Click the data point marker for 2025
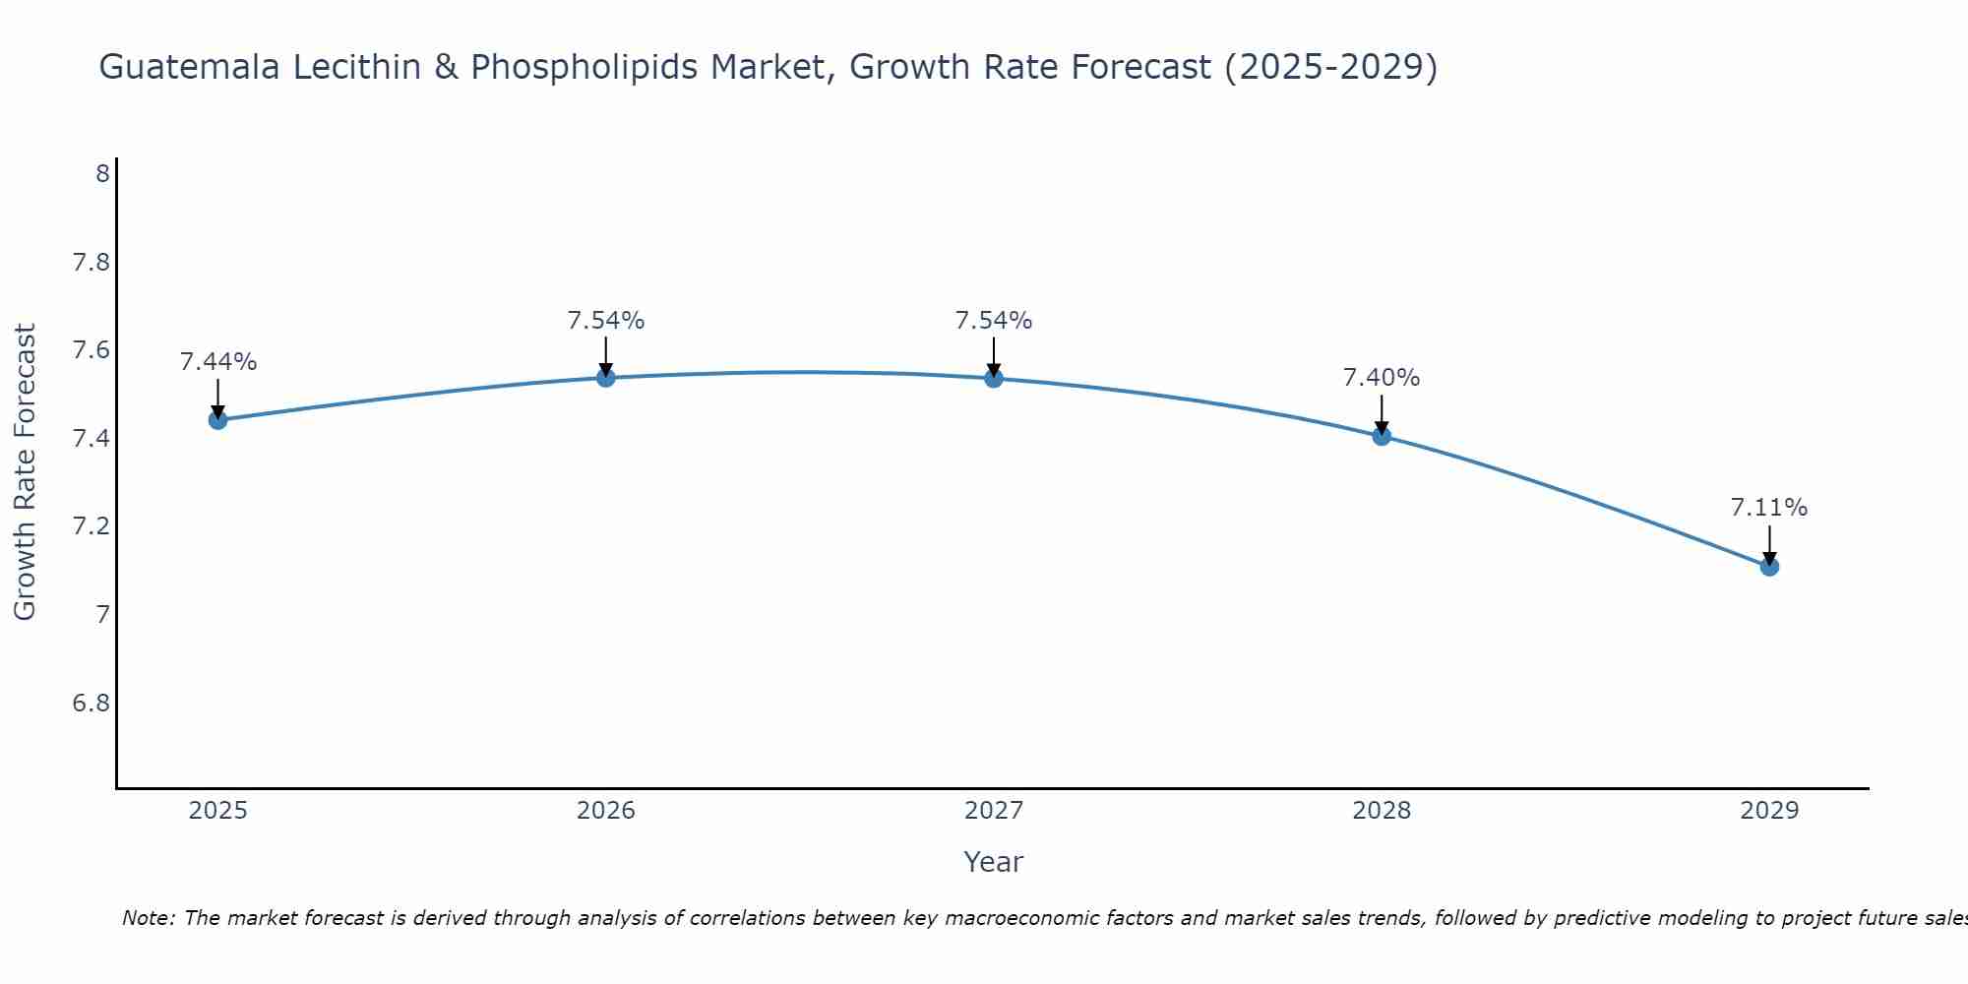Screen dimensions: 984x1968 click(x=218, y=420)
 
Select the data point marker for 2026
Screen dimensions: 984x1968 click(x=606, y=377)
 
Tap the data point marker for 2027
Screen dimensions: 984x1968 click(x=994, y=378)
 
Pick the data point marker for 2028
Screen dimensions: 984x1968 click(x=1382, y=436)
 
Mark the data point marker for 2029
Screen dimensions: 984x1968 click(x=1769, y=566)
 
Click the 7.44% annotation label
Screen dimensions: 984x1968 click(x=218, y=362)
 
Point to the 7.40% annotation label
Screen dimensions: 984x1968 click(x=1382, y=378)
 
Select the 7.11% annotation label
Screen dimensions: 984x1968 click(x=1769, y=508)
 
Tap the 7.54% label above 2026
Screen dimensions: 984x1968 click(x=606, y=321)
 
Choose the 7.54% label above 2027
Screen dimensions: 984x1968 click(x=994, y=321)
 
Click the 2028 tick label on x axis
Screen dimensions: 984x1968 click(x=1382, y=811)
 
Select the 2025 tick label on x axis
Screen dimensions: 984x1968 click(x=218, y=811)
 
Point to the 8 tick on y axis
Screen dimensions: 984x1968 click(x=102, y=174)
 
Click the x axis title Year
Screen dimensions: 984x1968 click(x=994, y=862)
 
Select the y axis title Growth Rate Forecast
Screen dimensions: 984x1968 click(x=25, y=472)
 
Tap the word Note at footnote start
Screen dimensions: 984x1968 click(x=148, y=918)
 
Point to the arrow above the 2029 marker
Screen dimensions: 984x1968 click(x=1769, y=544)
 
